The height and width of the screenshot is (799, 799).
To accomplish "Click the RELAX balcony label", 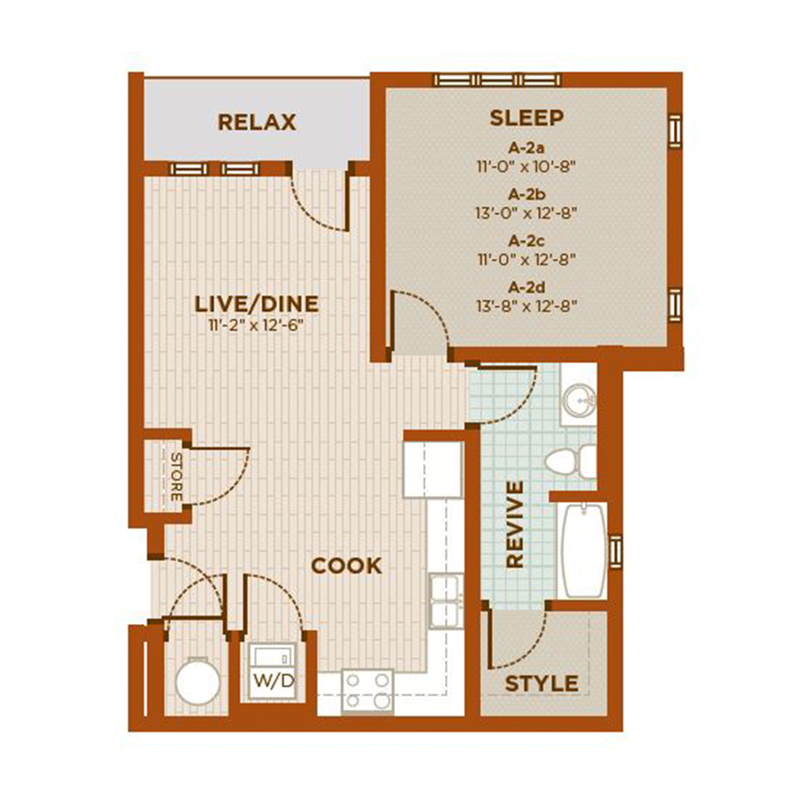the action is point(257,123).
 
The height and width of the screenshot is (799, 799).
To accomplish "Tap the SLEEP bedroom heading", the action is point(526,118).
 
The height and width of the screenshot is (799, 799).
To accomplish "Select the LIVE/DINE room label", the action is point(257,304).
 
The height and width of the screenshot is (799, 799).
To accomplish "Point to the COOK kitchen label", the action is point(346,566).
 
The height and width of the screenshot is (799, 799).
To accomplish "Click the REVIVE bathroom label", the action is point(515,525).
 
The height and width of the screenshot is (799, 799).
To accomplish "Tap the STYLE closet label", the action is point(542,684).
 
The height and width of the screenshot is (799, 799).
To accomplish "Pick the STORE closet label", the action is point(176,477).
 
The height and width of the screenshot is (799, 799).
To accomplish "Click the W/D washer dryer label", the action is point(273,681).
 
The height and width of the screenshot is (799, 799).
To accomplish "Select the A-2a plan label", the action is point(526,147).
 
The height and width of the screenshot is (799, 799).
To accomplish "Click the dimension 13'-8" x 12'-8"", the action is point(526,306).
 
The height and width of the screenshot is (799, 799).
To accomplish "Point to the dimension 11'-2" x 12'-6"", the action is point(257,325).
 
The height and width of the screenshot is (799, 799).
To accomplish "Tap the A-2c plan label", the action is point(526,241).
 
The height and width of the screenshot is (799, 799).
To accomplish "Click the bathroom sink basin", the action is point(580,400).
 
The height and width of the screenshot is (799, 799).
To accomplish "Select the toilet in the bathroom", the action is point(570,462).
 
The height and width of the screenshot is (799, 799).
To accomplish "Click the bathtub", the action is point(583,550).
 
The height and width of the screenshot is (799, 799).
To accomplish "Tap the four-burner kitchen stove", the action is point(368,691).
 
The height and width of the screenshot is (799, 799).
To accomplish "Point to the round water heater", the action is point(198,681).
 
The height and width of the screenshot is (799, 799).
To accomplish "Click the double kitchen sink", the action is point(447,602).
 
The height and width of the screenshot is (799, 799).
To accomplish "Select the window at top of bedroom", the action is point(498,80).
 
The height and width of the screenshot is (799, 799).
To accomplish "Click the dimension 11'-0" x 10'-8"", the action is point(526,166).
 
